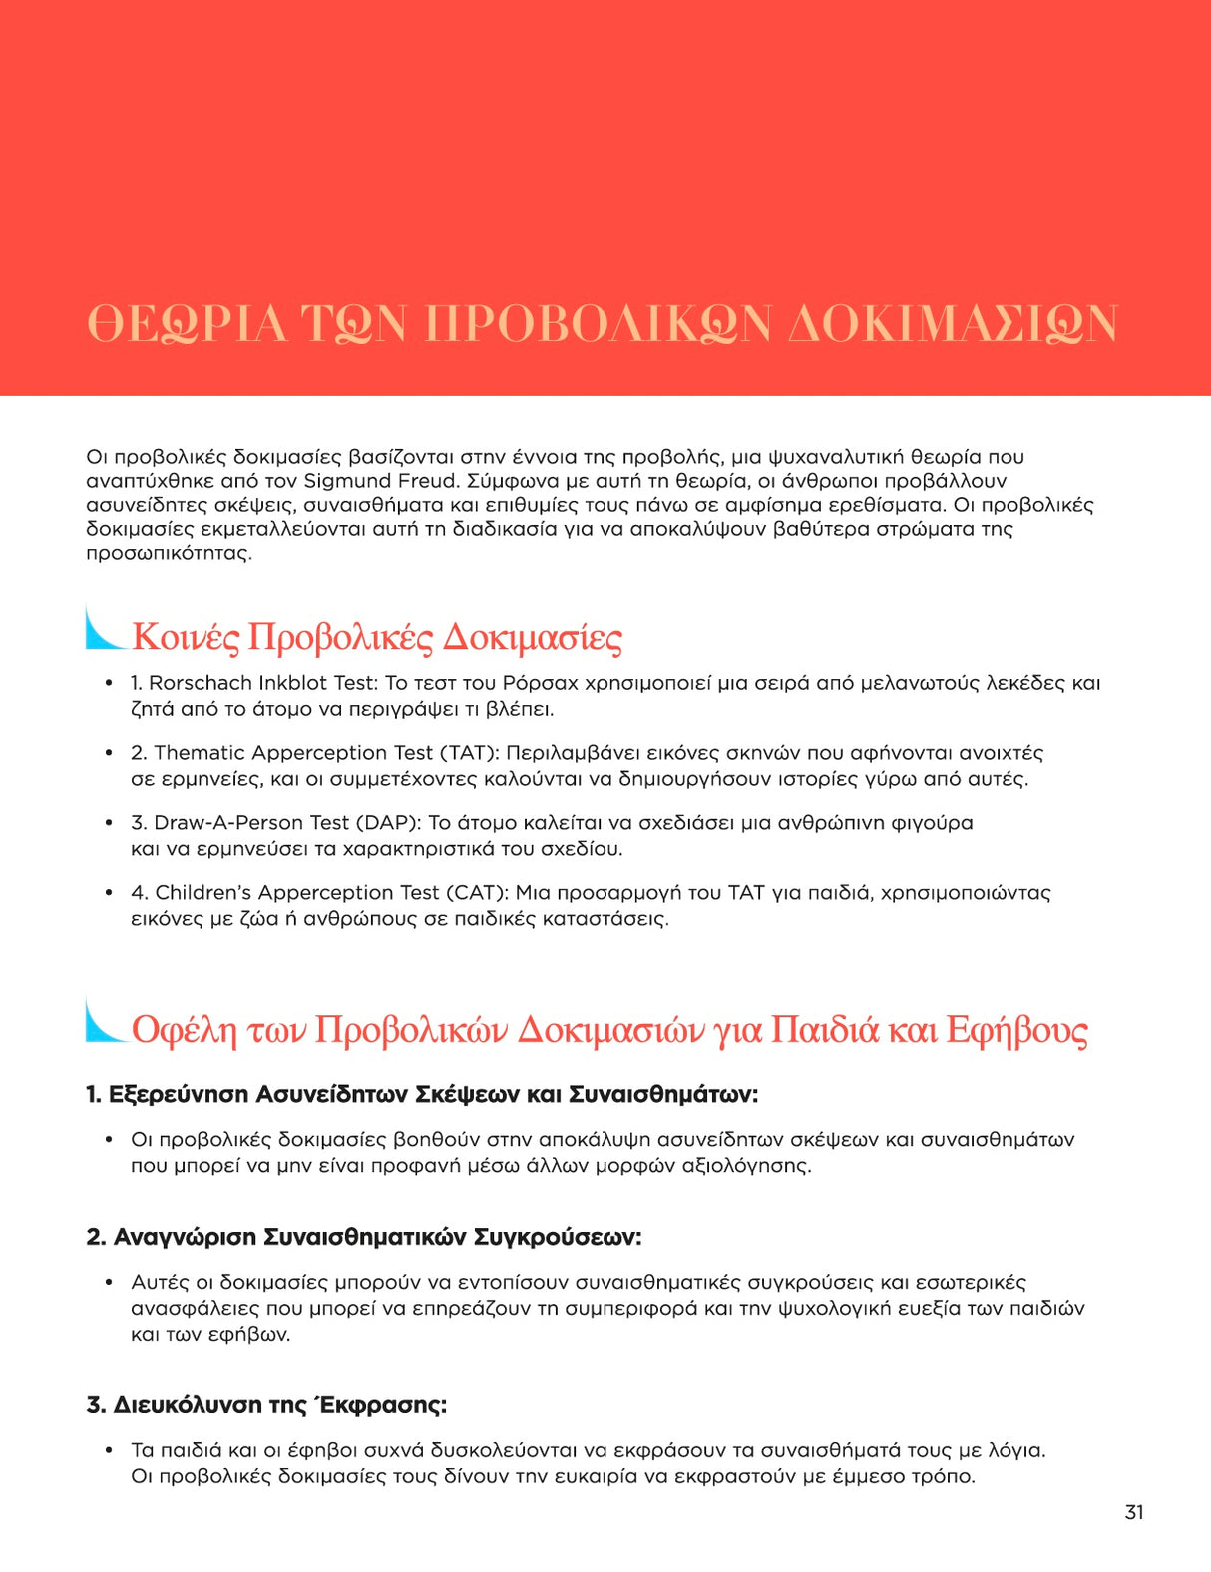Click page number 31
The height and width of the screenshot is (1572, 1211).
pos(1134,1512)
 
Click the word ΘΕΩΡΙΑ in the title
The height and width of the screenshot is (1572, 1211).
pos(187,324)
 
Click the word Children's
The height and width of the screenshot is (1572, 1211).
pos(203,893)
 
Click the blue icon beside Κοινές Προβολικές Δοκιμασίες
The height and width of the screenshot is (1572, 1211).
pos(104,629)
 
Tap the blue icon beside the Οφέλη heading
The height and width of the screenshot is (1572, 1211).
pos(104,1021)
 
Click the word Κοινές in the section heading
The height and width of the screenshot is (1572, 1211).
pos(186,637)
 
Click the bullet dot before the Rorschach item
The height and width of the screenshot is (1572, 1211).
pos(109,683)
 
